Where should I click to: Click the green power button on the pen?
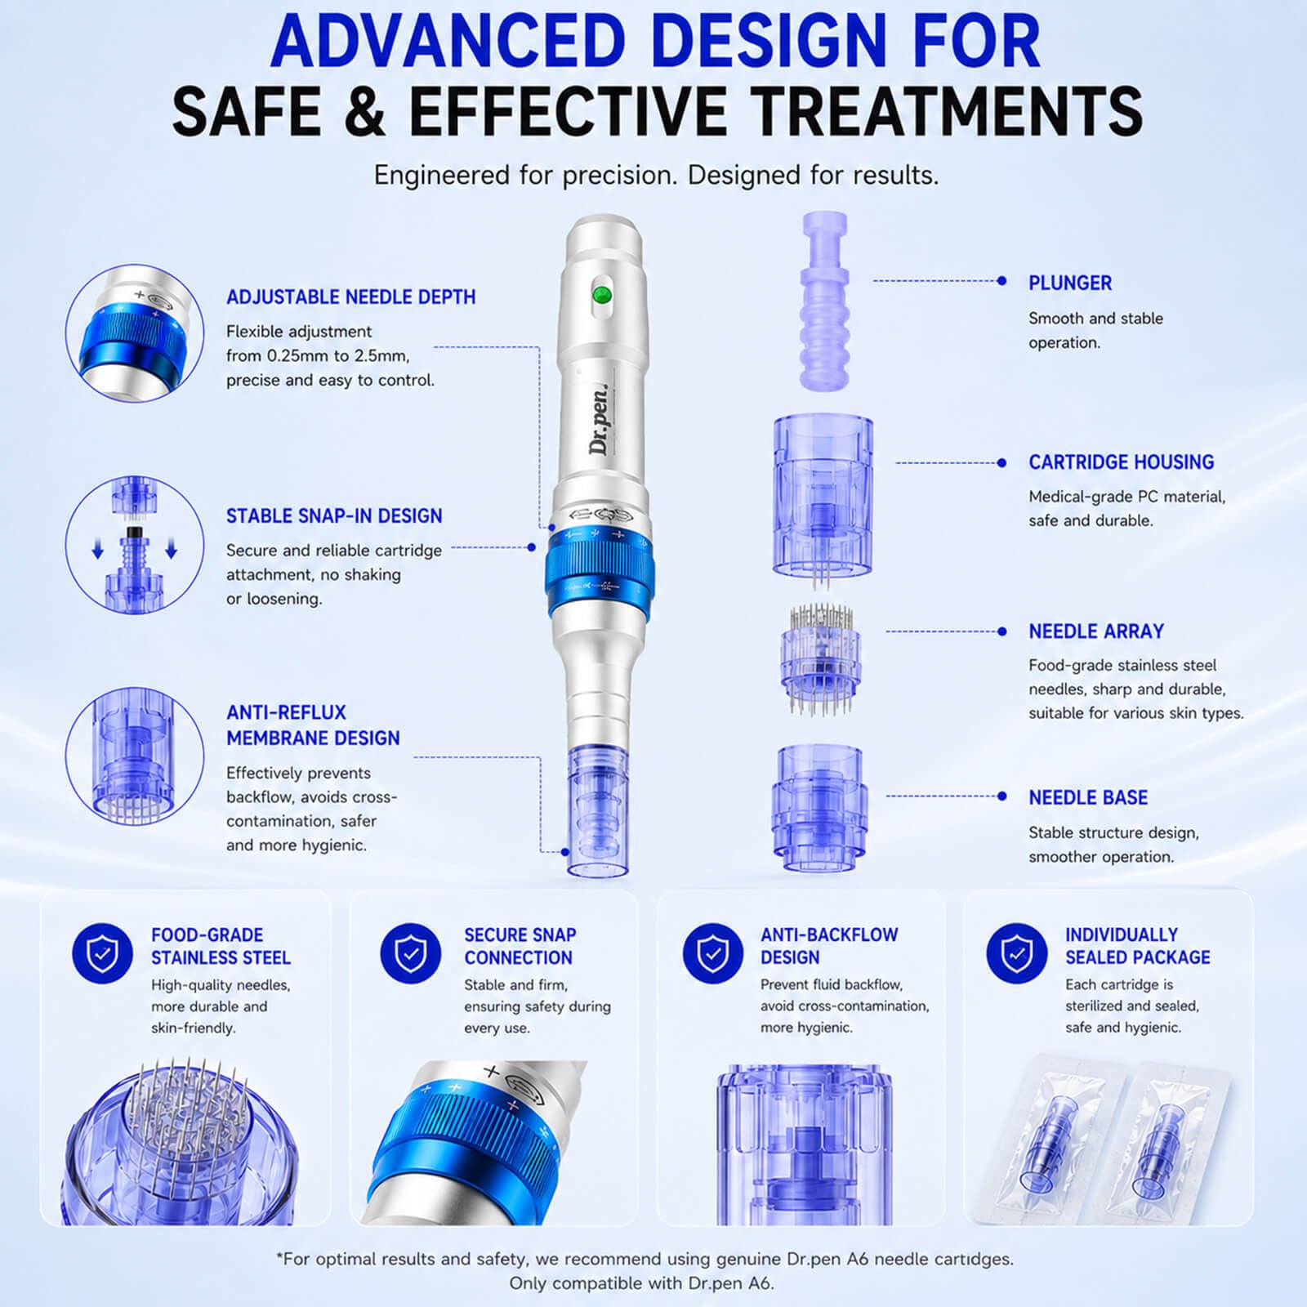coord(602,294)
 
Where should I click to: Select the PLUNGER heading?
coord(1070,283)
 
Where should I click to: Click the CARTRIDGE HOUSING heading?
coord(1121,462)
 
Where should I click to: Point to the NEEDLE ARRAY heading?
coord(1096,631)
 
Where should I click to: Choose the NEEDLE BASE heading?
coord(1088,797)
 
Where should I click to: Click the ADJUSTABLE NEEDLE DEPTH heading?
coord(351,297)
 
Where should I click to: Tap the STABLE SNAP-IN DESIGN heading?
coord(334,516)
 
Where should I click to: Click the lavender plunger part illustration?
coord(825,301)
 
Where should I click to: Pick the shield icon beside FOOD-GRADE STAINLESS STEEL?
coord(103,953)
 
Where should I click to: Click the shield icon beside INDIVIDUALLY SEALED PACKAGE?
coord(1017,953)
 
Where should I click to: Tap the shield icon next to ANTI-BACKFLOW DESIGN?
coord(713,953)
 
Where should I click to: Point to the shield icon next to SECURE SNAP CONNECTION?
coord(411,953)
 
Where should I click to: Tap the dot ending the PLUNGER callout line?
coord(1002,281)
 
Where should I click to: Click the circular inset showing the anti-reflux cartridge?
coord(135,756)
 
